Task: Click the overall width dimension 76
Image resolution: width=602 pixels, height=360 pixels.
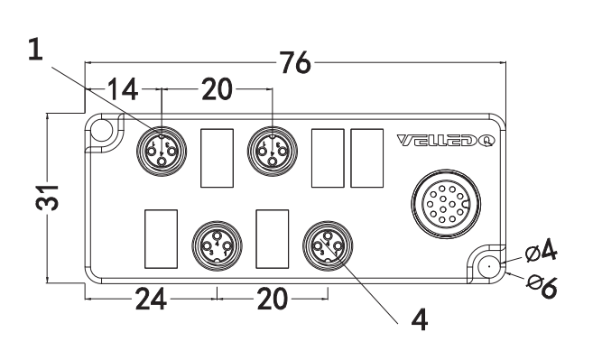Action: pos(295,62)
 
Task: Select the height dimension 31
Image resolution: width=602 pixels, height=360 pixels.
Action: pos(47,198)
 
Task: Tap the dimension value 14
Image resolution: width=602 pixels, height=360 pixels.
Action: pos(123,89)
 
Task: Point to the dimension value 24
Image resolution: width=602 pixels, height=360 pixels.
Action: pos(151,299)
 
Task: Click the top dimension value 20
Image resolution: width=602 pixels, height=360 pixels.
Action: pos(217,89)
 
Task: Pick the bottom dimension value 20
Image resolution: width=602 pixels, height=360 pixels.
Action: pos(273,299)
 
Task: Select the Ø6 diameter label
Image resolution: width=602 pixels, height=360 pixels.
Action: pos(542,286)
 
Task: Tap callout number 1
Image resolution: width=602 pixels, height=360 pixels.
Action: pos(35,49)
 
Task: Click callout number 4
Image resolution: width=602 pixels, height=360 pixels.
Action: pos(420,319)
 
